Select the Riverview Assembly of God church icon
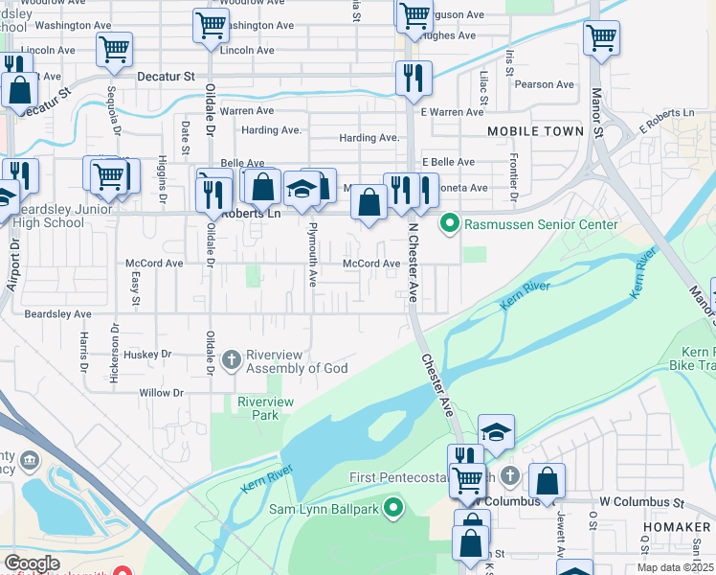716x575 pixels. click(232, 361)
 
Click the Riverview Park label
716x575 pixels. click(265, 408)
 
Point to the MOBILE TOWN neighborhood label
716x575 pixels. click(535, 130)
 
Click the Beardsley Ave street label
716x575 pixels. click(57, 313)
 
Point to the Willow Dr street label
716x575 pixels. click(161, 393)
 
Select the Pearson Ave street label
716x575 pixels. click(543, 84)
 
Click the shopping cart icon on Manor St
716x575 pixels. click(601, 38)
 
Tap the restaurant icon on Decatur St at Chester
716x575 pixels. click(414, 79)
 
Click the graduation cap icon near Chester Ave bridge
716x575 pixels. click(496, 432)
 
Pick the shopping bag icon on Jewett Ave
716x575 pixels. click(547, 481)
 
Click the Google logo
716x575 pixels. click(32, 563)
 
